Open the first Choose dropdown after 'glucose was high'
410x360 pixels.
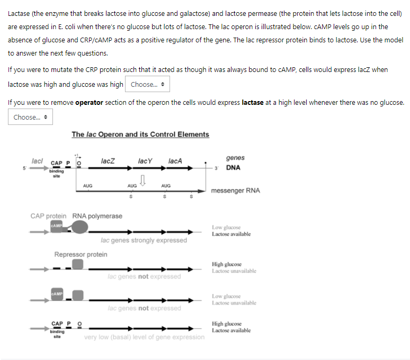pos(147,85)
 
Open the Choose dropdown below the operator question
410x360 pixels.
pos(30,117)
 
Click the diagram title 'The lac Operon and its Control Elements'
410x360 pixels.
pos(140,134)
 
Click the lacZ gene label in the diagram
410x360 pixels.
pos(108,160)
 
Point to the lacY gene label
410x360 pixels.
pos(145,160)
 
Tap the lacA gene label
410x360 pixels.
pos(175,160)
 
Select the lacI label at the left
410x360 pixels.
pos(37,160)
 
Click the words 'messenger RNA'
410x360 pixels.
pos(235,191)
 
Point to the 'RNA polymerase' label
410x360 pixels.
pos(97,216)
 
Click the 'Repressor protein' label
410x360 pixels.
pos(81,255)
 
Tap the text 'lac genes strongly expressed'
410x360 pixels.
pos(144,240)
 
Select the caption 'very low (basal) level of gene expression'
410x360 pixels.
pos(144,337)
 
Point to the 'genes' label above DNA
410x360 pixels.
pos(235,158)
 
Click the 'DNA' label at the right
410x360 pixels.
pos(233,168)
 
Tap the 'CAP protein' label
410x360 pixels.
pos(49,216)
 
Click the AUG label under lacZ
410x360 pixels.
pos(88,186)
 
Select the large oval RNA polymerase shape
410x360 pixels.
pos(79,228)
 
